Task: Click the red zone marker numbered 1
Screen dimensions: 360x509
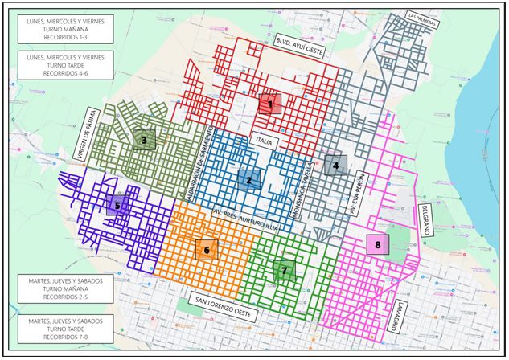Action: [x=270, y=104]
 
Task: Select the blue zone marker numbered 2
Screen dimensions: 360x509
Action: [x=248, y=180]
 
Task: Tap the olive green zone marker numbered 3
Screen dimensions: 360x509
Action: [x=144, y=140]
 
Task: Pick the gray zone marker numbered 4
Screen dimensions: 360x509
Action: [x=336, y=166]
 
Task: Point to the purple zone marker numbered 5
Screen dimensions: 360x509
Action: [x=117, y=204]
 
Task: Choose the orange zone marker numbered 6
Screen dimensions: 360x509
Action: [x=207, y=250]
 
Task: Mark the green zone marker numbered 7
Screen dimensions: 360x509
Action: [x=284, y=271]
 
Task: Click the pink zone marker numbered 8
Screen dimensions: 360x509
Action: [x=377, y=244]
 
